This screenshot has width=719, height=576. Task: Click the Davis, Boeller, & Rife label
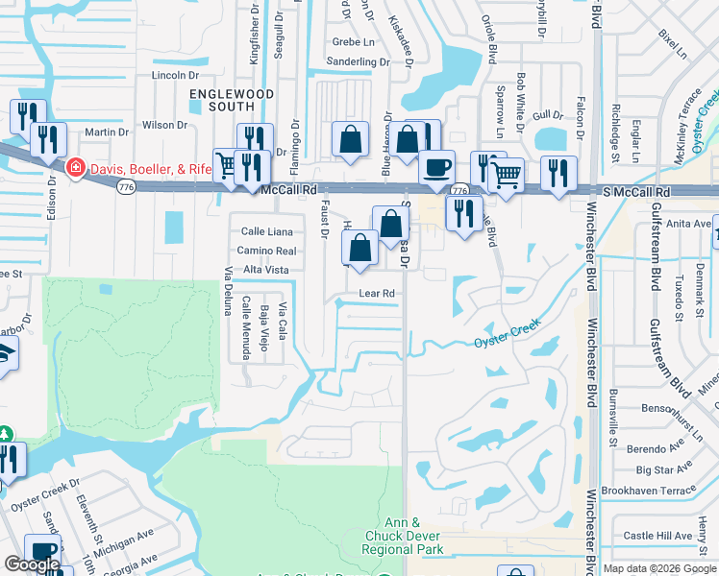pos(150,169)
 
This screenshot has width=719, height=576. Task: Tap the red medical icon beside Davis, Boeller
pos(74,169)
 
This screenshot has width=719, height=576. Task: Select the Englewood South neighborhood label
pos(232,100)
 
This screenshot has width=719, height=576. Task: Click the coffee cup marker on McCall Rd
pos(436,167)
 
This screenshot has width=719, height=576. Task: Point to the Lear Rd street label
pos(377,293)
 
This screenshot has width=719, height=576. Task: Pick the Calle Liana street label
pos(266,231)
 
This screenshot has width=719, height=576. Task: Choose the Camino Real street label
pos(266,251)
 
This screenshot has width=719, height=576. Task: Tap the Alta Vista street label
pos(266,270)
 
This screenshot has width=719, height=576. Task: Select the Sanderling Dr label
pos(358,61)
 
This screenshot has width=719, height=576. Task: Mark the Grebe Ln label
pos(353,42)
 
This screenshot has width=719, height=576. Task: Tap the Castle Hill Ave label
pos(658,536)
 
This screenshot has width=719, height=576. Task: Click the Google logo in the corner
pos(32,564)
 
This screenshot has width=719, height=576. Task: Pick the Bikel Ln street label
pos(674,43)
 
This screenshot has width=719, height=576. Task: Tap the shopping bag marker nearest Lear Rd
pos(359,249)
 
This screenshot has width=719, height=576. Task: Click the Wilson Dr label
pos(164,125)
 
